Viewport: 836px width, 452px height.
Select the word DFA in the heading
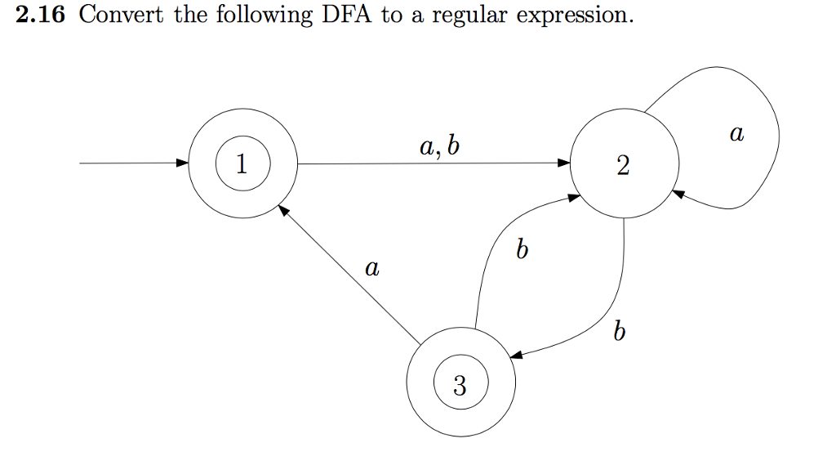348,16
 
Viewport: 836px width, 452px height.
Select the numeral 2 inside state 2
624,168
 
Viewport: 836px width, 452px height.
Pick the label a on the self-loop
736,132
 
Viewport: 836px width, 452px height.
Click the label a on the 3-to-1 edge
372,267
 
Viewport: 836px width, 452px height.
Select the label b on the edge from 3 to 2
522,250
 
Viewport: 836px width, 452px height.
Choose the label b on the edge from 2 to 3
621,332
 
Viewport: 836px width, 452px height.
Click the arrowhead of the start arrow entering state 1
182,163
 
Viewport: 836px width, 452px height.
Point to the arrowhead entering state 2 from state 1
564,163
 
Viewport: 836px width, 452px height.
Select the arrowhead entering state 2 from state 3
576,199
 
